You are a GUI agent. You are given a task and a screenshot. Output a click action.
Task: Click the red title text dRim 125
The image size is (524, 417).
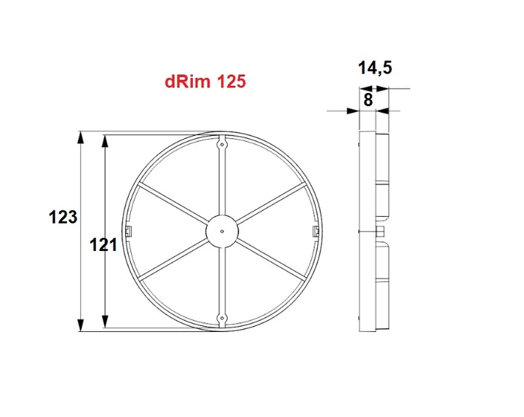(x=205, y=82)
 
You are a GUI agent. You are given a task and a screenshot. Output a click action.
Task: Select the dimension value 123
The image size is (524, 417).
(x=63, y=217)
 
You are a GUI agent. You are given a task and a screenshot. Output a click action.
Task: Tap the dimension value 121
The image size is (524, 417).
(x=103, y=245)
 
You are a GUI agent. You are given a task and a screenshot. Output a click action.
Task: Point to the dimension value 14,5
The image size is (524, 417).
(x=375, y=68)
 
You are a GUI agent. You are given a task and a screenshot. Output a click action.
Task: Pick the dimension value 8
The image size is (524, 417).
(x=368, y=100)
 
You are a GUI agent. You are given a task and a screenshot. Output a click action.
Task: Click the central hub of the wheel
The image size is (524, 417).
(x=222, y=231)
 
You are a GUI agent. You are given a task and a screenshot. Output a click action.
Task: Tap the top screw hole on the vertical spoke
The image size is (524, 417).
(x=222, y=144)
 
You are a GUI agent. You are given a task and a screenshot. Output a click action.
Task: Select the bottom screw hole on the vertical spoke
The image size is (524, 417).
(x=222, y=318)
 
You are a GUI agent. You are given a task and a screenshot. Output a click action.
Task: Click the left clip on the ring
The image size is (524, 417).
(x=129, y=231)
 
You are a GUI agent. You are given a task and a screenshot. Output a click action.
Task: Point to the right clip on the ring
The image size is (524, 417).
(x=315, y=231)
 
